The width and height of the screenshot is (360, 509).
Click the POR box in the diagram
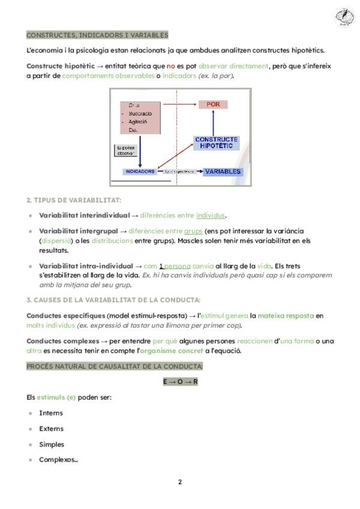point(214,104)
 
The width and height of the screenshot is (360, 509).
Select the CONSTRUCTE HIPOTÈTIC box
point(217,143)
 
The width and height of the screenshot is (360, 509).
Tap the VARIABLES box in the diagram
point(223,172)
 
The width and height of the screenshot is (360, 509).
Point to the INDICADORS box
point(140,172)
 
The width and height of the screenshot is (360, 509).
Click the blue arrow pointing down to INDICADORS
point(140,150)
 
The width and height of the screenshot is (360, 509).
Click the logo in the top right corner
point(344,17)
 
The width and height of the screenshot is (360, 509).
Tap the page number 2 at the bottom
point(180,482)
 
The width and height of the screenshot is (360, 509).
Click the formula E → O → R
point(180,382)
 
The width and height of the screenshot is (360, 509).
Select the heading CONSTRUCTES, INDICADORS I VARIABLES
point(97,35)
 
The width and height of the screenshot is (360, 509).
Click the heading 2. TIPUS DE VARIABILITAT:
point(74,200)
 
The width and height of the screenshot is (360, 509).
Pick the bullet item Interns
point(51,413)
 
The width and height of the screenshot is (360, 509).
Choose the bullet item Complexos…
point(58,460)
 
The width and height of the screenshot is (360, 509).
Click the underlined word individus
point(211,215)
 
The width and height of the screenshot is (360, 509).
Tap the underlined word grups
point(193,231)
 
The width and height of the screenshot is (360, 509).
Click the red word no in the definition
point(170,66)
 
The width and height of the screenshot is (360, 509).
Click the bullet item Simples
point(52,445)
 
